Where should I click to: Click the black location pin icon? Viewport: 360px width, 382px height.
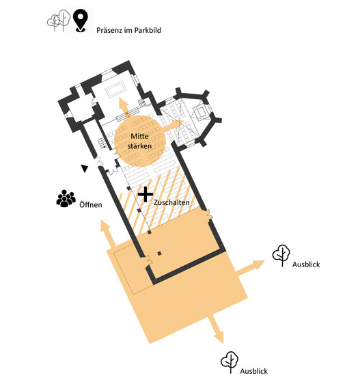coord(81,21)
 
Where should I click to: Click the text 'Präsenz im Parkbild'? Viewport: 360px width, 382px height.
coord(128,30)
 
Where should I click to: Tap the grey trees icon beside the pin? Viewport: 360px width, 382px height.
coord(59,21)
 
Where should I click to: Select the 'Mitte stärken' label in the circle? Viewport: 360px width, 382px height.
coord(139,141)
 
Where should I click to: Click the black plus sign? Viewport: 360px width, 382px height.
coord(146,194)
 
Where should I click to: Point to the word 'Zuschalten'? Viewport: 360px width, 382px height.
coord(171,202)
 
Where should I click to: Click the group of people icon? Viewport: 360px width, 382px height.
coord(66,199)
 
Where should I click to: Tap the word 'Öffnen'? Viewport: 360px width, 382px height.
coord(91,204)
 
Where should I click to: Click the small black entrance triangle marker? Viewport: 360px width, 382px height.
coord(85,168)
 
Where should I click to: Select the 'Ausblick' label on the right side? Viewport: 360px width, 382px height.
coord(306,264)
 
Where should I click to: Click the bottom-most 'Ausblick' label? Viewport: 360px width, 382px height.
coord(254,371)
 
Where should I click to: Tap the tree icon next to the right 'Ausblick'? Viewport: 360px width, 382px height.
coord(281,256)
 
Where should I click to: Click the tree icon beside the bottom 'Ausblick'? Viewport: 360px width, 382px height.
coord(230,362)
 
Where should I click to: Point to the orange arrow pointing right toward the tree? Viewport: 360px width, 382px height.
coord(249,268)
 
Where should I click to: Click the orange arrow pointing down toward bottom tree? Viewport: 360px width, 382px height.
coord(217,329)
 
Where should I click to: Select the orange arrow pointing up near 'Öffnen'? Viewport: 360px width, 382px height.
coord(108,232)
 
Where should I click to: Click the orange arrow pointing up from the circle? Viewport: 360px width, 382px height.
coord(124,107)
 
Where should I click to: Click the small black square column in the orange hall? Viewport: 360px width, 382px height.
coord(159,254)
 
